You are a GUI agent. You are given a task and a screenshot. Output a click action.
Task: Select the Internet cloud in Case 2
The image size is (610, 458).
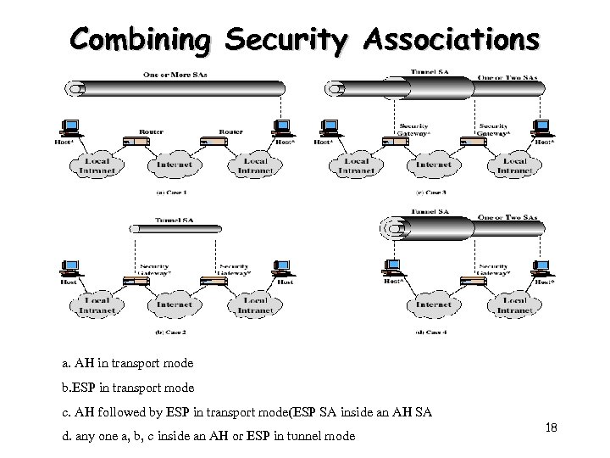pos(175,302)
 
